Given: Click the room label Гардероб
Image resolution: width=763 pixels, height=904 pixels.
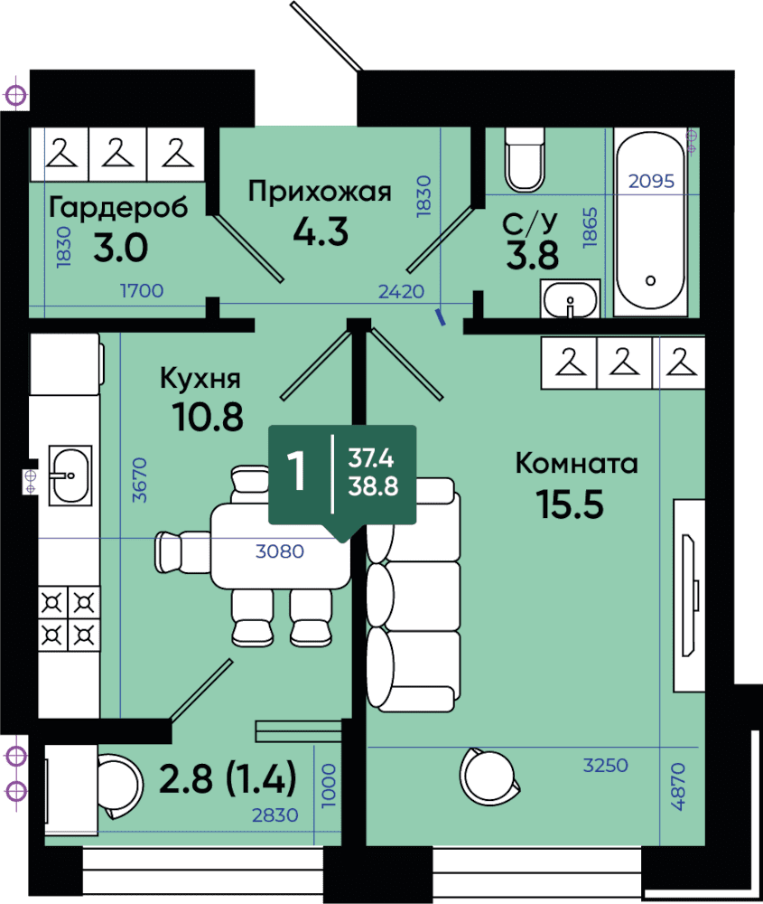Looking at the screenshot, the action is (x=118, y=207).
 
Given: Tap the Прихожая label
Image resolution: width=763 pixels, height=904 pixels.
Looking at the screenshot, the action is (x=320, y=192).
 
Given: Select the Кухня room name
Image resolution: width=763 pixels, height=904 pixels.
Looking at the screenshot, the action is (x=200, y=378).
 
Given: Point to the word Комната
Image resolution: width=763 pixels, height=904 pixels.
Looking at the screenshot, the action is (x=576, y=463).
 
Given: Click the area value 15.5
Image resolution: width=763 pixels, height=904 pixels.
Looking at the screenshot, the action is (x=570, y=504).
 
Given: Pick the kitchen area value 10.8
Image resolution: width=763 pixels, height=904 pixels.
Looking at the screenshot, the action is (x=208, y=416).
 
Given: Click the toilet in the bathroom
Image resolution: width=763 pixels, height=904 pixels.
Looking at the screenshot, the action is (x=524, y=159).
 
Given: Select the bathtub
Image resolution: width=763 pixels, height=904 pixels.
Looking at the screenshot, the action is (x=650, y=222).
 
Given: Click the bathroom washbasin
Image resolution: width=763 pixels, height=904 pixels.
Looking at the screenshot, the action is (x=570, y=298).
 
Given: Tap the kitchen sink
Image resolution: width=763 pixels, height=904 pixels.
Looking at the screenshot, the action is (x=70, y=476).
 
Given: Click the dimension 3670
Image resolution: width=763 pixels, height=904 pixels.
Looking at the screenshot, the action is (x=139, y=480).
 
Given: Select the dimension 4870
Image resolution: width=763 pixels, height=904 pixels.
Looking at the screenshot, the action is (x=678, y=786).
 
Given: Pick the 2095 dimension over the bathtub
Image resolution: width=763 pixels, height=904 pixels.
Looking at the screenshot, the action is (x=651, y=181).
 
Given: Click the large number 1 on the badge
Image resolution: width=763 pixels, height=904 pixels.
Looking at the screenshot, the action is (x=296, y=471).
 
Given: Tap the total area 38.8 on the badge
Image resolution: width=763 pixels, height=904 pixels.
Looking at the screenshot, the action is (x=373, y=486).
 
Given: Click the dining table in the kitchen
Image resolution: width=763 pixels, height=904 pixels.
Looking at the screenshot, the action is (x=281, y=546).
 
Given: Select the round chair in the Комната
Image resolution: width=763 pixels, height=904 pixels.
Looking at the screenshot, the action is (x=489, y=777).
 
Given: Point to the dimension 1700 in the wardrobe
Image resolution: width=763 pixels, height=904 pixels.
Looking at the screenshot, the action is (x=142, y=290).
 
